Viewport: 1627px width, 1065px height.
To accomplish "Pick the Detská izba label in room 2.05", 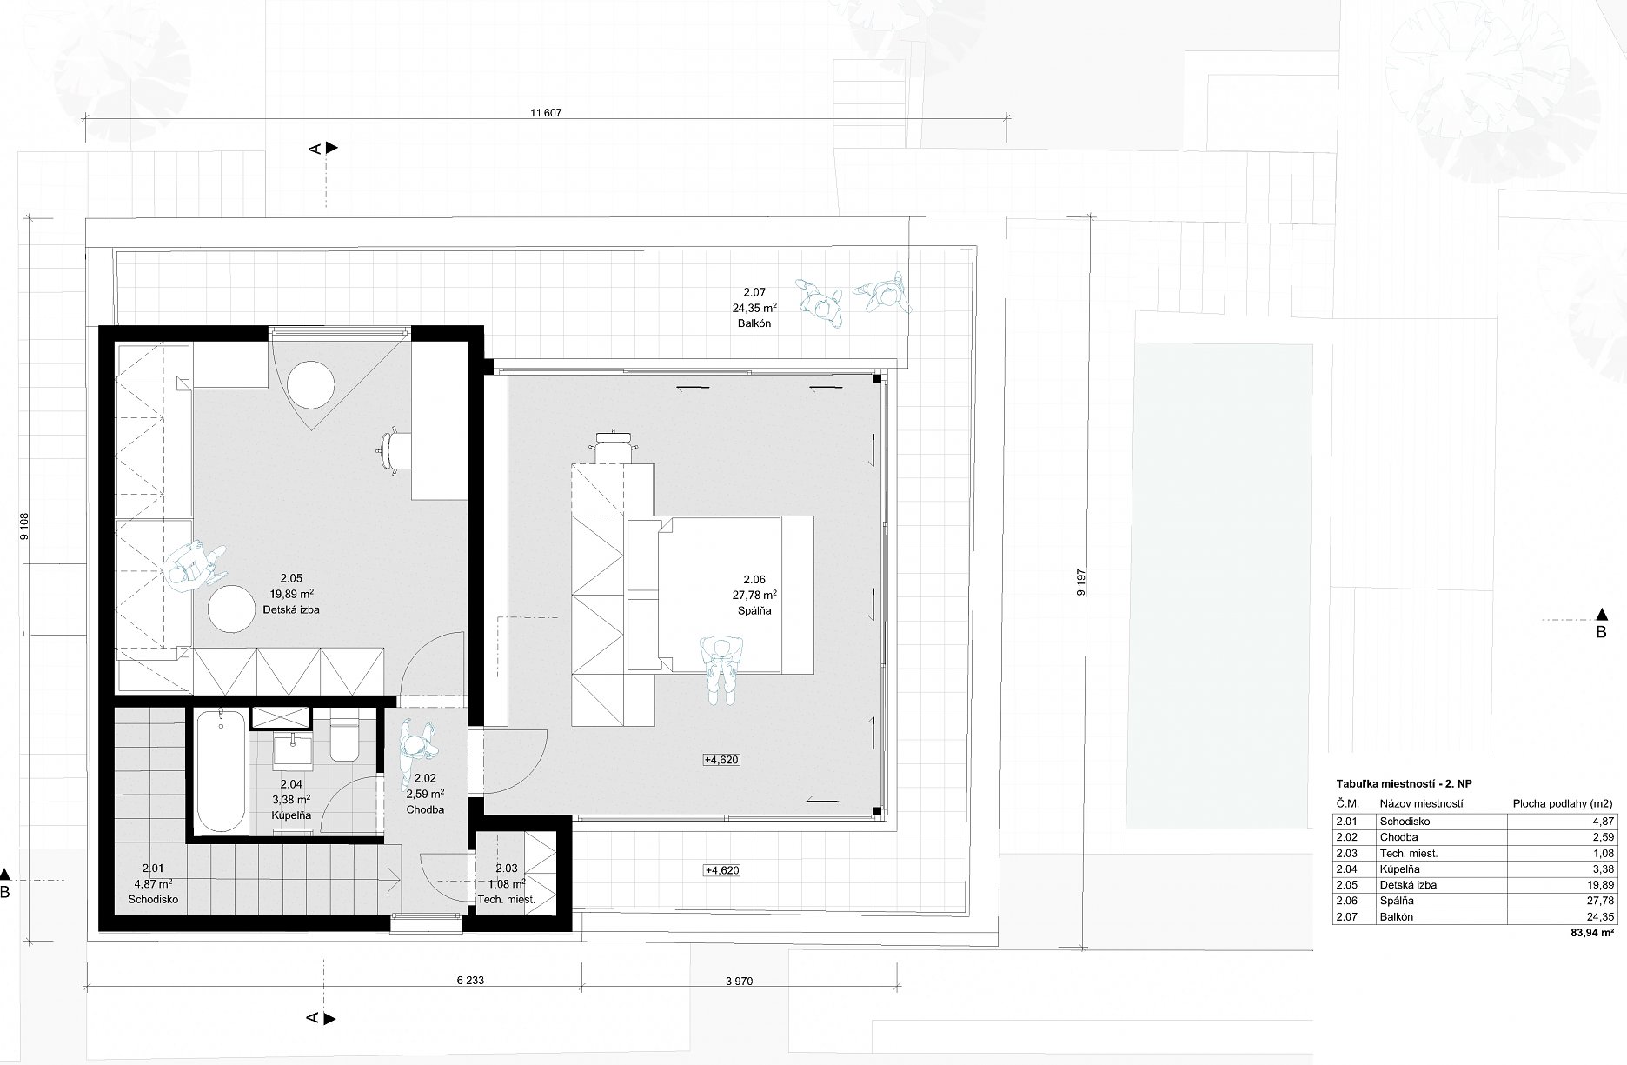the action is (291, 610).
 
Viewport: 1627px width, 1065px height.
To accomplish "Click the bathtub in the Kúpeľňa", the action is (217, 772).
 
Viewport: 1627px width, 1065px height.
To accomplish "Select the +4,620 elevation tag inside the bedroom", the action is (722, 760).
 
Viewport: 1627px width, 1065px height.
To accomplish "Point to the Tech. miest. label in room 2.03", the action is (507, 900).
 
